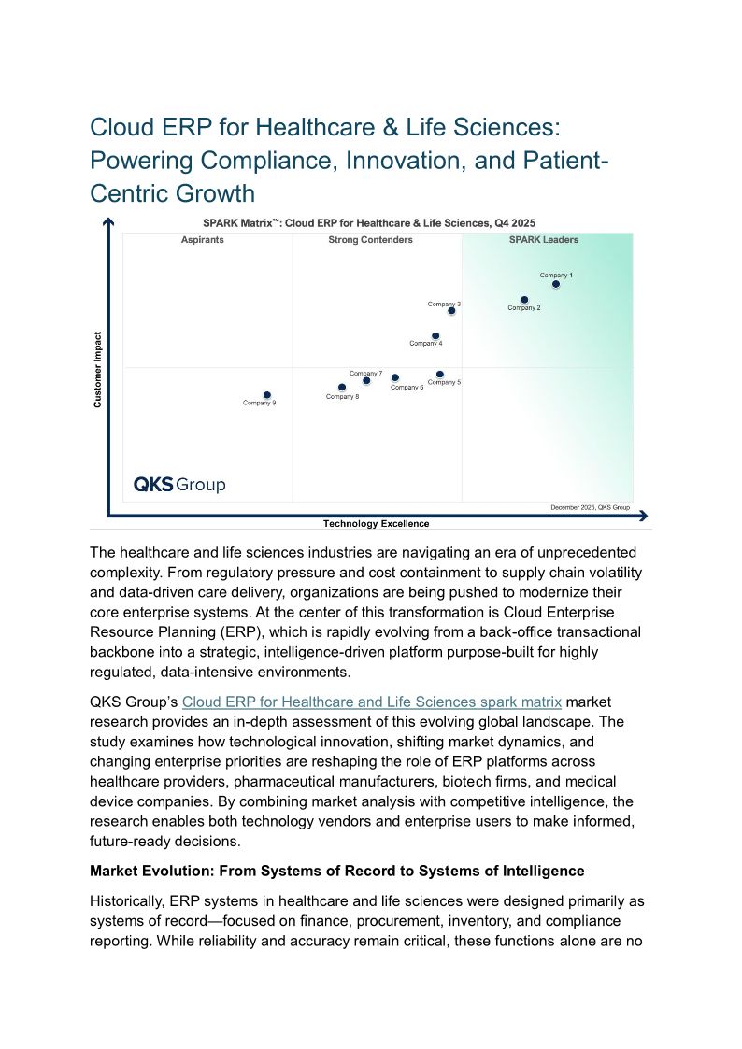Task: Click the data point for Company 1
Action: click(x=556, y=284)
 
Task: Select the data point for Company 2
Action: click(x=524, y=300)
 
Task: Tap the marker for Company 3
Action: click(x=451, y=311)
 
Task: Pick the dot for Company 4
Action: click(x=435, y=335)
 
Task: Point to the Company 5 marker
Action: click(x=440, y=375)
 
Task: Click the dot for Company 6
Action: click(x=394, y=378)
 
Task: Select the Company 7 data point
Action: click(x=366, y=380)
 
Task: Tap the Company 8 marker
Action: click(x=342, y=387)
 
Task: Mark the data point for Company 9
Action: click(x=266, y=395)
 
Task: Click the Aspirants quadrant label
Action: click(x=202, y=240)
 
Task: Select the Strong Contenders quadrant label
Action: click(x=370, y=240)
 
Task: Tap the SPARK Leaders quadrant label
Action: click(x=543, y=240)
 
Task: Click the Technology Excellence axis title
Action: click(x=376, y=524)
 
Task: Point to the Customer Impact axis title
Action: click(x=97, y=369)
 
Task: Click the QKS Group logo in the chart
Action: click(x=179, y=485)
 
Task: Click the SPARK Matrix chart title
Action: click(x=370, y=223)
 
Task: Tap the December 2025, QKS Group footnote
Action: click(x=590, y=507)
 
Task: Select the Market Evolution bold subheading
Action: click(x=336, y=871)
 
